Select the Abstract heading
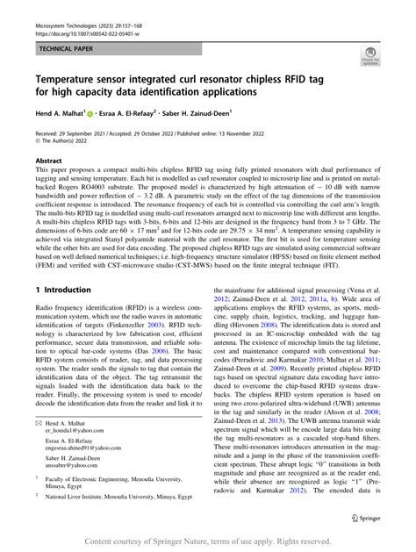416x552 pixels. pos(48,161)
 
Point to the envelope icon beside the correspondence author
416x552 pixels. pos(38,423)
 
